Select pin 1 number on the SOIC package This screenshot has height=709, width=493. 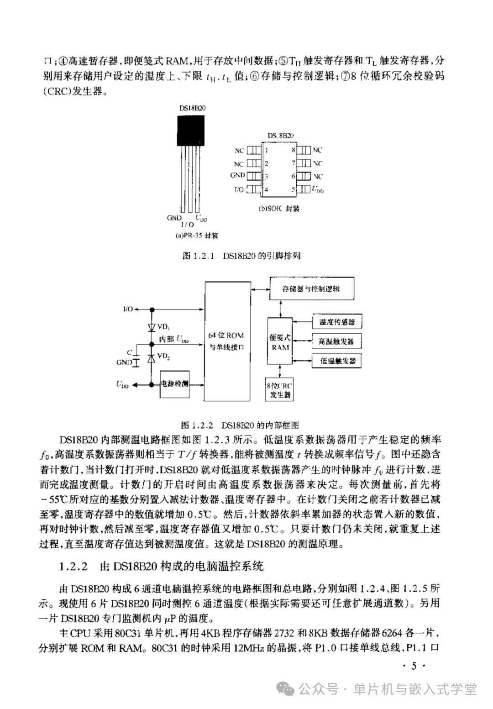click(x=266, y=150)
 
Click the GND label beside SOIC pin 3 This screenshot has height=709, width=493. click(x=238, y=175)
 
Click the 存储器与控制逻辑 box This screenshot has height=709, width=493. click(x=311, y=289)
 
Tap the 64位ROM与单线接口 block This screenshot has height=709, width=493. click(x=227, y=341)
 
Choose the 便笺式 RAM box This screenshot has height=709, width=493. click(x=280, y=341)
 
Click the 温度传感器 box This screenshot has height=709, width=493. click(x=337, y=322)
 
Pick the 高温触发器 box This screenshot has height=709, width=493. click(x=337, y=341)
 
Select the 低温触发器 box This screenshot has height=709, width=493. click(x=337, y=361)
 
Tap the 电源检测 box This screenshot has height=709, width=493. click(x=174, y=383)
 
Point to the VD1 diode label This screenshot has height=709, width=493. click(x=163, y=327)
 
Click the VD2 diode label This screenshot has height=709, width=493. click(x=163, y=357)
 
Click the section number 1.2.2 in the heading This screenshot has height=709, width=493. click(x=73, y=567)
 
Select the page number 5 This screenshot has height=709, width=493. click(x=414, y=667)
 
